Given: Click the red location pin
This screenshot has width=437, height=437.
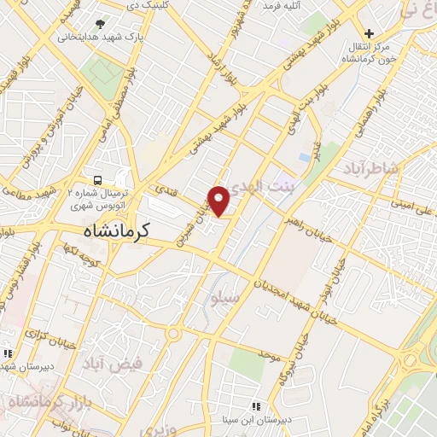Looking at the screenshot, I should pos(220,201).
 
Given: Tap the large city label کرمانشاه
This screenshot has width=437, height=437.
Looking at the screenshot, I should pos(118,230).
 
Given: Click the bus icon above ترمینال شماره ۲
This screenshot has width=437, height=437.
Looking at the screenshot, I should pos(99,180).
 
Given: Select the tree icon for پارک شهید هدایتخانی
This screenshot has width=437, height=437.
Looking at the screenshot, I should pos(102,25).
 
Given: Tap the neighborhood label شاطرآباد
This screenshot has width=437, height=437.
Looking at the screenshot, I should pos(371,169).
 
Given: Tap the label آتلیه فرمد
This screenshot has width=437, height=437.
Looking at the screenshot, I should pos(283,7).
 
